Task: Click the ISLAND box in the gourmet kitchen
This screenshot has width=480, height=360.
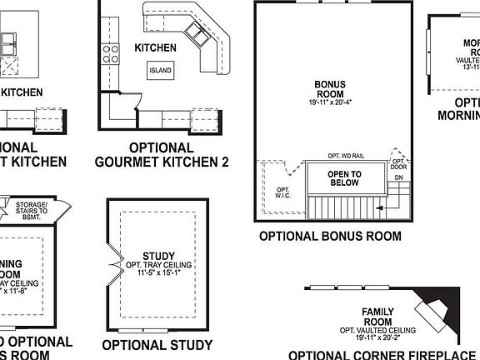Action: tap(160, 70)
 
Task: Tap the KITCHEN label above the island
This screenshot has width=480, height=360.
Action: tap(156, 48)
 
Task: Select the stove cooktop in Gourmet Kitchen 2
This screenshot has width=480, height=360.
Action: tap(110, 54)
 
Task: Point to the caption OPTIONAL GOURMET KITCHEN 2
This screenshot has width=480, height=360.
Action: tap(162, 154)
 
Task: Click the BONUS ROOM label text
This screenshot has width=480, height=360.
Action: tap(336, 89)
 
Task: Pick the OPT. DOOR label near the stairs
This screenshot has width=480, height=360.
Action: tap(399, 188)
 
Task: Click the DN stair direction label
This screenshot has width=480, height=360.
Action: tap(397, 201)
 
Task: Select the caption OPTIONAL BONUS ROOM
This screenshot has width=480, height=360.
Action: tap(330, 237)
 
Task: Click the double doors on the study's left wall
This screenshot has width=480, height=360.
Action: tap(111, 260)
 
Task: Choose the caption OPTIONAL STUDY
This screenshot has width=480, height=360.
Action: tap(157, 344)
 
